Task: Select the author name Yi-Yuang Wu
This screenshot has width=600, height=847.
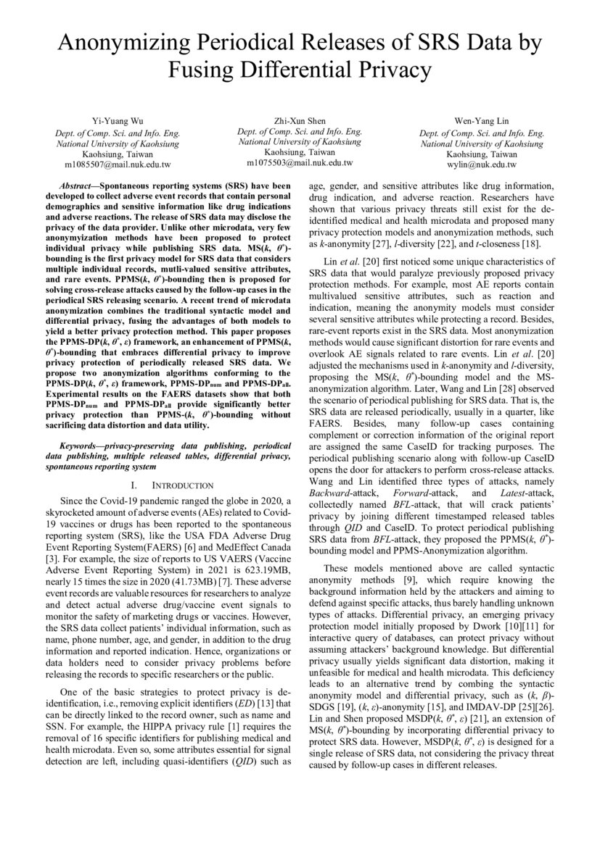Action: [118, 121]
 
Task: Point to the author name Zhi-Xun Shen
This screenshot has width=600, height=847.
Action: [300, 120]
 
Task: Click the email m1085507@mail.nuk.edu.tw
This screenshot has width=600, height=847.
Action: [118, 165]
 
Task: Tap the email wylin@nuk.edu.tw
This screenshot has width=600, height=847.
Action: [481, 165]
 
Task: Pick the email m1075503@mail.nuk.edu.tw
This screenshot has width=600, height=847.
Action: [300, 164]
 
